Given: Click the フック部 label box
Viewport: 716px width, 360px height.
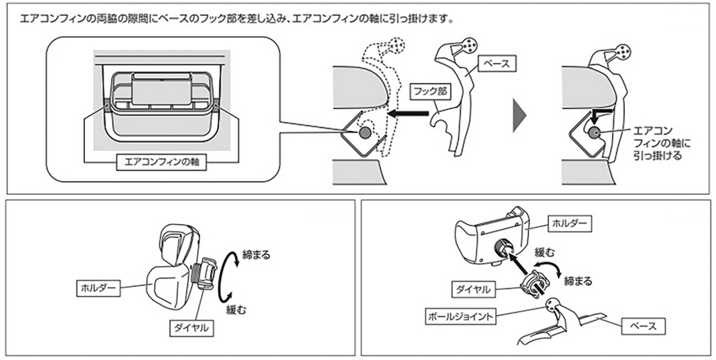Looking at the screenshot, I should tap(430, 91).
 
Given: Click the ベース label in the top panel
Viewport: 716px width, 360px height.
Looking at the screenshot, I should tap(496, 63).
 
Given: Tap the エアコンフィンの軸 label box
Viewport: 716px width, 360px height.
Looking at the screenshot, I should tap(161, 162).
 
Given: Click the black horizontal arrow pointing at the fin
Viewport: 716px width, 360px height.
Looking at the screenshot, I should tap(408, 113).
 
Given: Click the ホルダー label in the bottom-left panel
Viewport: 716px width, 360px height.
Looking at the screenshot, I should tap(98, 288).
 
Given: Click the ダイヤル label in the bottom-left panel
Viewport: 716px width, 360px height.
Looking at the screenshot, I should tap(191, 328).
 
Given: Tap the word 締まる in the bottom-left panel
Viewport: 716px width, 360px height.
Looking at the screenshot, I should tap(256, 255).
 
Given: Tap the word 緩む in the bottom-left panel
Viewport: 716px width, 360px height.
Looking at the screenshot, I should tap(236, 309).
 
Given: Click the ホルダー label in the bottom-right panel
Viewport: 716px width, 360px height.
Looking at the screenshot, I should tap(569, 223).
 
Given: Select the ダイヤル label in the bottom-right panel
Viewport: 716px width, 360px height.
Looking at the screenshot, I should tap(473, 289).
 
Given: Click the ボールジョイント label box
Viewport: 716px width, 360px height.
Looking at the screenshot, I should tap(460, 316).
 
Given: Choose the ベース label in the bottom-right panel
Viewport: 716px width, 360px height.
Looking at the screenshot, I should tap(643, 326).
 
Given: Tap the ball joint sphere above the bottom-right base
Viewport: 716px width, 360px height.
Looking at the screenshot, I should tap(552, 305).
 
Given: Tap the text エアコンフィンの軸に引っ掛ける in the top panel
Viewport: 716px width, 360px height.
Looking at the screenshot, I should tap(661, 143).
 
